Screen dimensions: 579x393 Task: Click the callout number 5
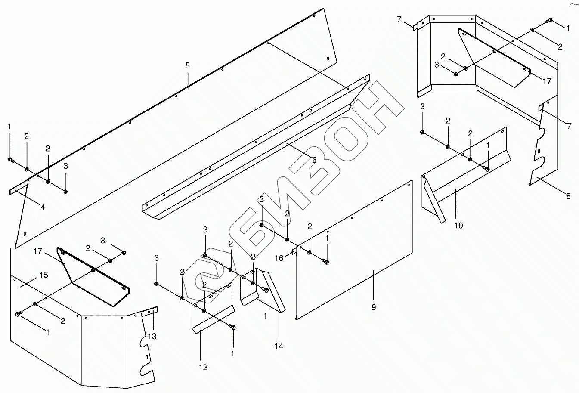187,66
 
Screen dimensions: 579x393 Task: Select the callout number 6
314,160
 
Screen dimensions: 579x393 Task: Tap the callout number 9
374,307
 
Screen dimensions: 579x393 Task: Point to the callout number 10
459,225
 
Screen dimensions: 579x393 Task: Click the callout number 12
203,367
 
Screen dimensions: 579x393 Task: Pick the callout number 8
568,196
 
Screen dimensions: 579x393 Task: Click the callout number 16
279,258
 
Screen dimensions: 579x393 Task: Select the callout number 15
44,275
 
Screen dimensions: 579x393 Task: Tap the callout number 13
152,336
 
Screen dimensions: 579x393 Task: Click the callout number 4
43,207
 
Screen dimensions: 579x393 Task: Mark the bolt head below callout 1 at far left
11,160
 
